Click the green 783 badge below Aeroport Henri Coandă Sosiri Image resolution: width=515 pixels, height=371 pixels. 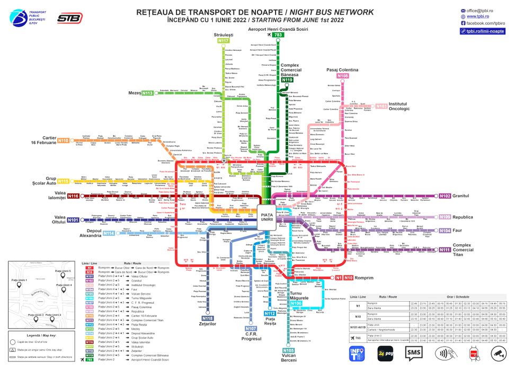pos(278,35)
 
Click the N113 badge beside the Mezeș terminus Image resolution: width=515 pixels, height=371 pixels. pos(147,93)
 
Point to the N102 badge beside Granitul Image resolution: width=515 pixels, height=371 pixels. pos(445,196)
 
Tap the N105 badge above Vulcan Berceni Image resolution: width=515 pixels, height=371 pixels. pos(288,350)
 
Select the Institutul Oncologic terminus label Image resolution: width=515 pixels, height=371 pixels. pos(399,106)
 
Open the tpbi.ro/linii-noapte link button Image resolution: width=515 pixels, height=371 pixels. pos(483,31)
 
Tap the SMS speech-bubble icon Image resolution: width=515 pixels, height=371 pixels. pos(414,352)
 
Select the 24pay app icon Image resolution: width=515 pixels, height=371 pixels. pos(385,352)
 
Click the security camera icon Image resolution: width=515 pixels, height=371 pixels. pos(497,352)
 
